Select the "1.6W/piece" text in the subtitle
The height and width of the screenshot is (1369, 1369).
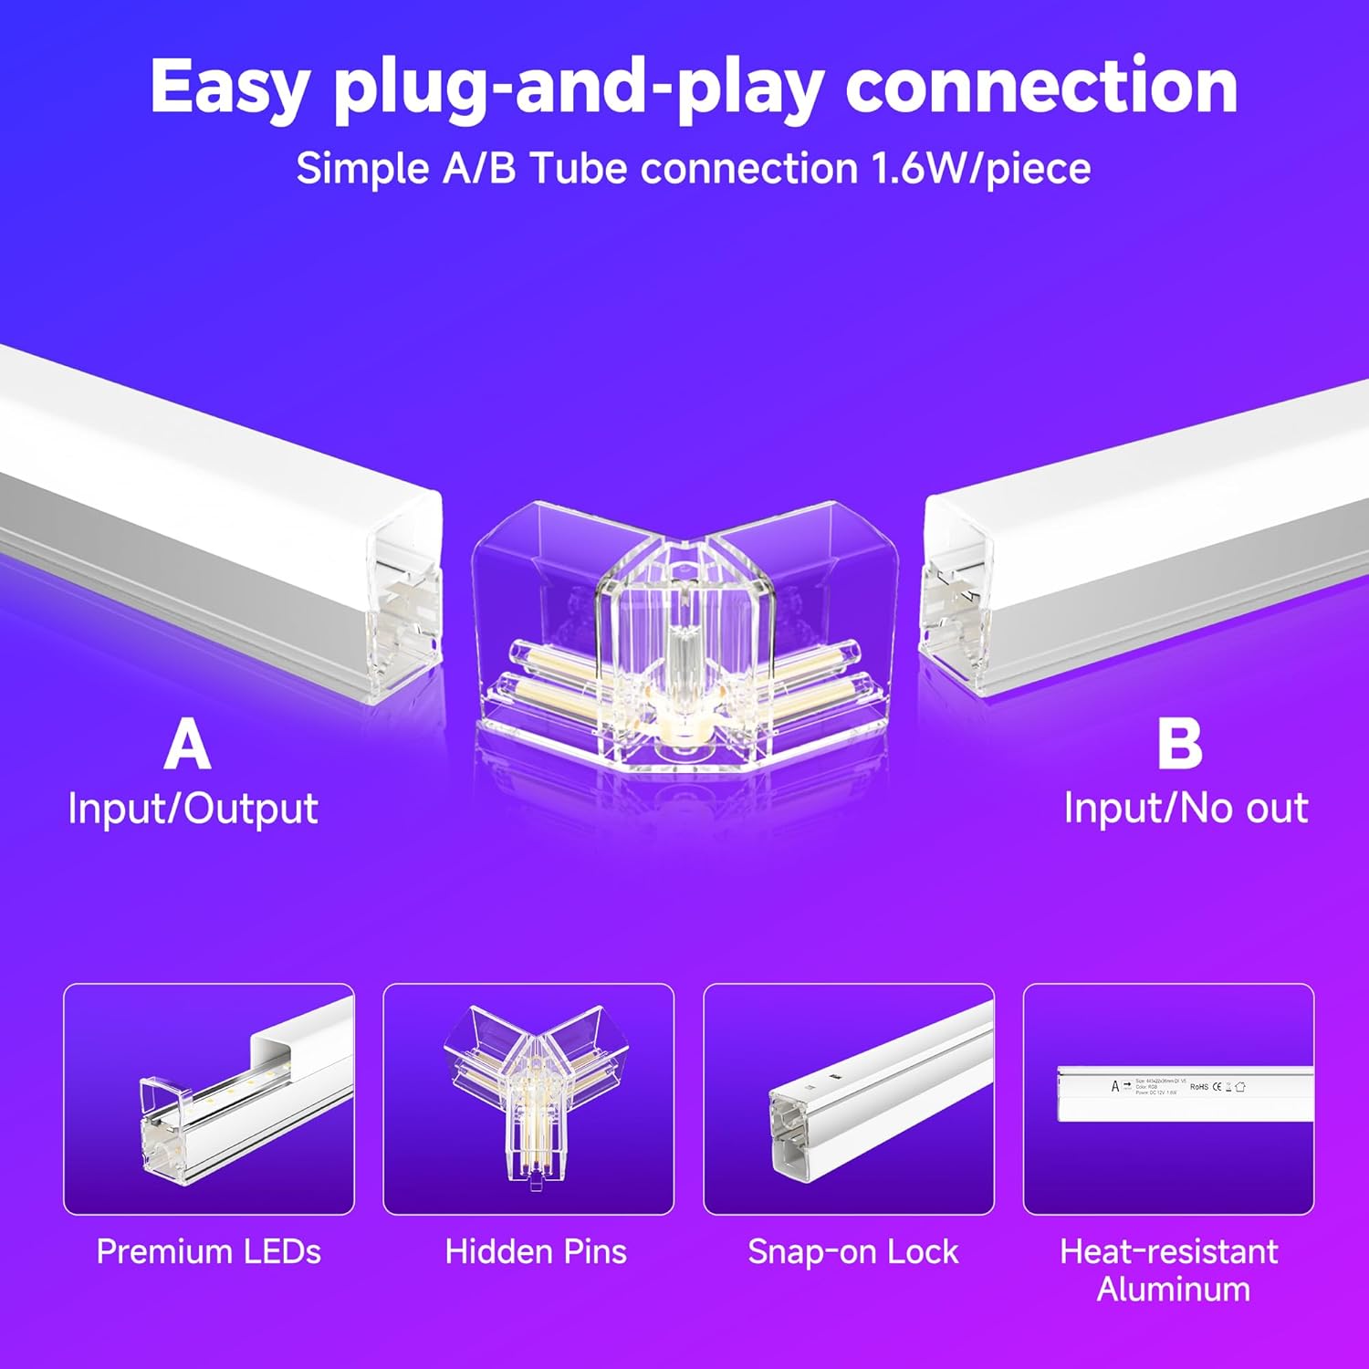point(981,169)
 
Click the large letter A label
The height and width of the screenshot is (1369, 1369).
point(187,746)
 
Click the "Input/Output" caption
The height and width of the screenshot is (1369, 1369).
point(193,809)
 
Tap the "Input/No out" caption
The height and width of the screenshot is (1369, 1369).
point(1186,809)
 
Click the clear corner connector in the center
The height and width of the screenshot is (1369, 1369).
point(683,639)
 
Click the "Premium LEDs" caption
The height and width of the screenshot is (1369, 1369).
point(209,1252)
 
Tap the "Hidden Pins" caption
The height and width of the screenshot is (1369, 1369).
point(536,1252)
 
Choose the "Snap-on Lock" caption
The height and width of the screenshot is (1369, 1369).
point(853,1252)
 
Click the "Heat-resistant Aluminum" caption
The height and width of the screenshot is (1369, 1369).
point(1169,1270)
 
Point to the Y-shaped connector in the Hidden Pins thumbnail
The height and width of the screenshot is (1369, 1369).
point(527,1095)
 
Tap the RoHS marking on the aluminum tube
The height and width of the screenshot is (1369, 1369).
point(1199,1087)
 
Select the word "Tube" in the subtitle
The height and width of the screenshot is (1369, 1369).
point(576,169)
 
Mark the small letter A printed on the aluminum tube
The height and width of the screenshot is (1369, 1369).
point(1114,1086)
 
